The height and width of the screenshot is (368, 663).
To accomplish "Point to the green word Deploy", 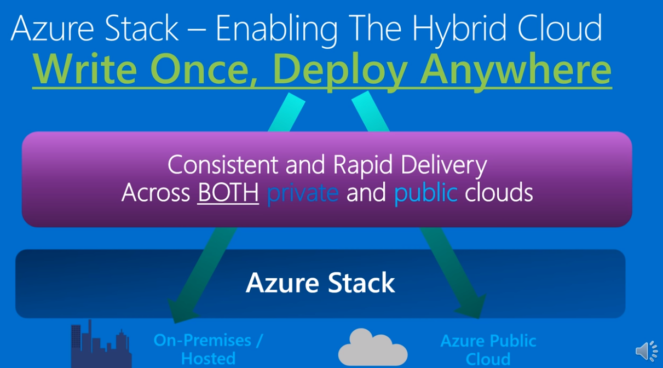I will (x=340, y=70).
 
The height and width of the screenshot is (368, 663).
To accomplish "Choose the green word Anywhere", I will (x=515, y=70).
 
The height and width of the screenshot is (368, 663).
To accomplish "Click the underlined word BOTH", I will (x=228, y=193).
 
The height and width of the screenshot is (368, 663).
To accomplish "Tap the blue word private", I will (x=302, y=193).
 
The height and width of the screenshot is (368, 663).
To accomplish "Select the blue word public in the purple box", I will (x=425, y=193).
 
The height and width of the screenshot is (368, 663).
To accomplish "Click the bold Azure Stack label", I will (x=320, y=283).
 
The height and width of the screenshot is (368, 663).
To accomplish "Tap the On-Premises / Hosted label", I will (x=208, y=349).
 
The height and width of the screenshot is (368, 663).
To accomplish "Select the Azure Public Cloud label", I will (x=488, y=349).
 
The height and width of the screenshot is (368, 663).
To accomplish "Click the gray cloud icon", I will (x=372, y=347).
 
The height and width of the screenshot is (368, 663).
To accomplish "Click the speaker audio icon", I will (x=647, y=350).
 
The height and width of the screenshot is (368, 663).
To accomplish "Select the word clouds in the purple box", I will (x=499, y=193).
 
